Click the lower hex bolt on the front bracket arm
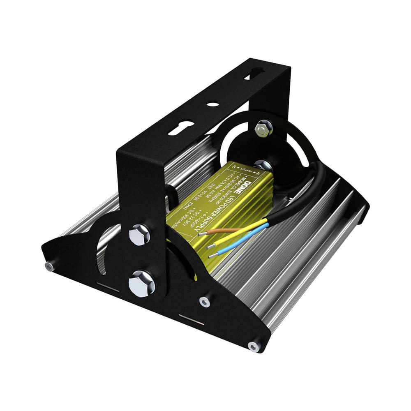[141, 284]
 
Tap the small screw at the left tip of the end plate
[49, 266]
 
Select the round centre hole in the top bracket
[213, 104]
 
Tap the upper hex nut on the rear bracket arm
[263, 128]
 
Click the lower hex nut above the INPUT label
[261, 165]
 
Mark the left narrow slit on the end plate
[108, 286]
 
